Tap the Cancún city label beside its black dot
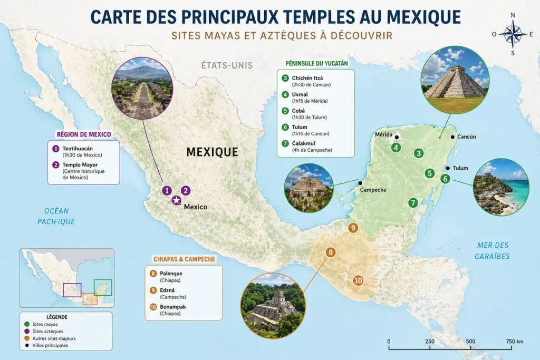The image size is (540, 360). (466, 137)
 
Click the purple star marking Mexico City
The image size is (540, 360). (176, 200)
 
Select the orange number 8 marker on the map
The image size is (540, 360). (331, 252)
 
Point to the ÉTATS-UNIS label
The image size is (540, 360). (227, 66)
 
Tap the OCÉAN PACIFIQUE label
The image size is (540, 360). (56, 216)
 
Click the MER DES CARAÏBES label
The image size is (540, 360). (493, 250)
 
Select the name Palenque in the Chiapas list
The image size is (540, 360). (171, 274)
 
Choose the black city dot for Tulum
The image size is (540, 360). (448, 169)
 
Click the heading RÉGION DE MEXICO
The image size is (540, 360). (84, 134)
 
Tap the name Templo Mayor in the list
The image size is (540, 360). (80, 165)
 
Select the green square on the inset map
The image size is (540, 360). (103, 287)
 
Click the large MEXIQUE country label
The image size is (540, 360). (212, 152)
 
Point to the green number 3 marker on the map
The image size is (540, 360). (419, 153)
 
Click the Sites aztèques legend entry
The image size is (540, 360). (48, 332)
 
